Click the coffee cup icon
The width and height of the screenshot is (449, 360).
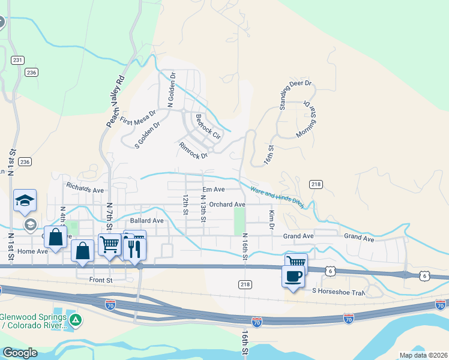(x=293, y=277)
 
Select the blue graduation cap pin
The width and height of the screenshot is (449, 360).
(x=25, y=200)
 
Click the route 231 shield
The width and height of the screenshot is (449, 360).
(x=17, y=59)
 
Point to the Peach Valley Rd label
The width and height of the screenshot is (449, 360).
(x=115, y=101)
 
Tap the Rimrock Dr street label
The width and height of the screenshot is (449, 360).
(x=193, y=150)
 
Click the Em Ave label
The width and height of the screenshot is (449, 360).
(x=213, y=190)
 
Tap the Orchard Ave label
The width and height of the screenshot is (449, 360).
(x=227, y=205)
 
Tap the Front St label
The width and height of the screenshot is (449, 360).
(x=101, y=280)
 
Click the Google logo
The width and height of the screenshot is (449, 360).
(x=19, y=353)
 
